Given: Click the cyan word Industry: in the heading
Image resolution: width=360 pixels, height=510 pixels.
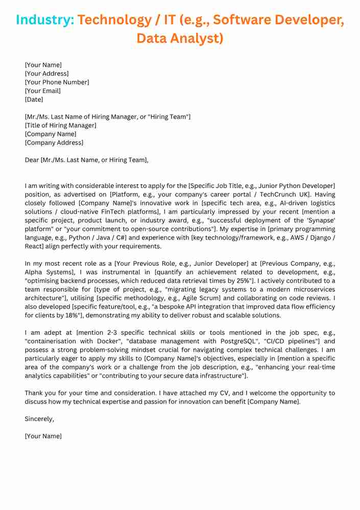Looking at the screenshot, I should pyautogui.click(x=45, y=20).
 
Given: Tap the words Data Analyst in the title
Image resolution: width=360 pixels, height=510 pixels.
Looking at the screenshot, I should pyautogui.click(x=180, y=38).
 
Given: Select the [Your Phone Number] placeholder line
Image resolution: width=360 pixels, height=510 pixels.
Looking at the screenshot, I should pyautogui.click(x=57, y=82).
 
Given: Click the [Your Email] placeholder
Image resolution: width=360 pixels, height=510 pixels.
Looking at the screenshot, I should pyautogui.click(x=42, y=91).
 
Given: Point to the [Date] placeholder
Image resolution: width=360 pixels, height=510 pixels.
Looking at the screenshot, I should pyautogui.click(x=34, y=100).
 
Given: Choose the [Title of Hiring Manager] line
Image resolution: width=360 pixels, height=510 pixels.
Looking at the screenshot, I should pyautogui.click(x=60, y=126).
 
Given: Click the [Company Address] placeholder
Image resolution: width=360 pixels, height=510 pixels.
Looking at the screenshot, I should pyautogui.click(x=54, y=143).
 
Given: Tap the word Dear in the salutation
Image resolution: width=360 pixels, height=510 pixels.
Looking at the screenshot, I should pyautogui.click(x=32, y=160).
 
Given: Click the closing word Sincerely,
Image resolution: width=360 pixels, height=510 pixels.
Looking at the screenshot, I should pyautogui.click(x=39, y=419).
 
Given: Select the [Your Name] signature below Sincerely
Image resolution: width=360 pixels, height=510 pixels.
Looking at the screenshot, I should pyautogui.click(x=43, y=436).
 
